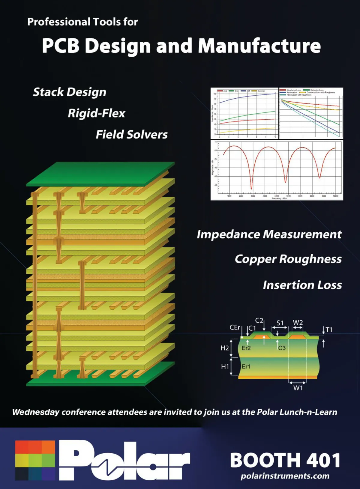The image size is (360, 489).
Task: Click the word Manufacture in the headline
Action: tap(259, 46)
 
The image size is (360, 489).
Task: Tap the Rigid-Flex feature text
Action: tap(96, 113)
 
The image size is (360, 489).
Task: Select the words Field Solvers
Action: tap(131, 135)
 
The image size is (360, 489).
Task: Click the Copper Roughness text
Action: tap(288, 259)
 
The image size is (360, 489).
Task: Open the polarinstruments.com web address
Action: tap(285, 476)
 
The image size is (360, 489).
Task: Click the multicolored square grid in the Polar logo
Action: tap(35, 460)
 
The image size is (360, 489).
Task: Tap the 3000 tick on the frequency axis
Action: tap(253, 196)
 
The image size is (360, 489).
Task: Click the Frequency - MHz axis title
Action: tap(279, 198)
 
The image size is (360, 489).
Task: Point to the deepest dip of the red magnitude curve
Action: tap(251, 189)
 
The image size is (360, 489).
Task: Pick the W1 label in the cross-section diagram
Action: tap(298, 388)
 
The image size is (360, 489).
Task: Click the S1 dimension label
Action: tap(280, 323)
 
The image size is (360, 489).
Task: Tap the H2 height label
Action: tap(224, 348)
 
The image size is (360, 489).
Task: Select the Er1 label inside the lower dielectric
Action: tap(246, 366)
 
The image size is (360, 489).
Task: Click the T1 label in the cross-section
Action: tap(329, 330)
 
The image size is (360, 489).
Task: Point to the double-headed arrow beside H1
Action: tap(231, 366)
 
